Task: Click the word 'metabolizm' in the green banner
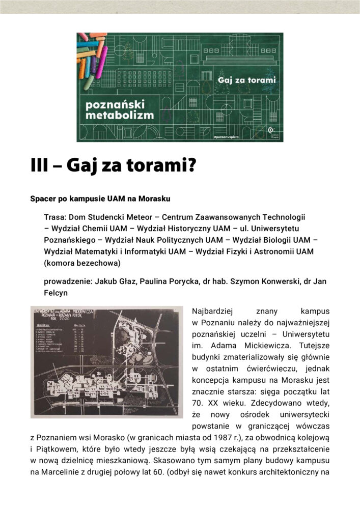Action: coord(120,115)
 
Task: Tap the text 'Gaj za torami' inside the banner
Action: coord(247,80)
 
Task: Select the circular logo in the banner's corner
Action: coord(271,131)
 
